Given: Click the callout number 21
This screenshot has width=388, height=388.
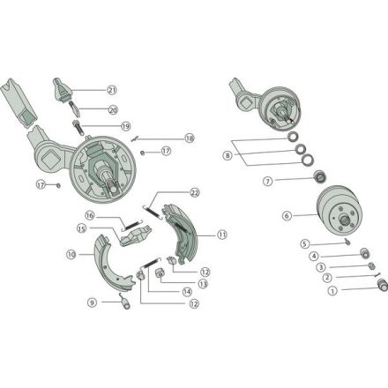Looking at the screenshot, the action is [112, 90].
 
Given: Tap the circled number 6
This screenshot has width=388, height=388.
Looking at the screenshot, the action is [287, 216].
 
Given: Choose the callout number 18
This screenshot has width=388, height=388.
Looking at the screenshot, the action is [190, 138].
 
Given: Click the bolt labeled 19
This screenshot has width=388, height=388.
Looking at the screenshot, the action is [78, 128].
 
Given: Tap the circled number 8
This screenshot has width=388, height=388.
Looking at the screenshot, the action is [228, 155].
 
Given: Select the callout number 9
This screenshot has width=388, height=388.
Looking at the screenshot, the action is [93, 302].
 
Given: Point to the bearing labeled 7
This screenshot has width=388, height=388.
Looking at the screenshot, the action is [320, 176].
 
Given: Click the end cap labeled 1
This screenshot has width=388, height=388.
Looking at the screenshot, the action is [383, 285].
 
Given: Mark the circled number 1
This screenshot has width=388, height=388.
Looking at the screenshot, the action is [332, 291].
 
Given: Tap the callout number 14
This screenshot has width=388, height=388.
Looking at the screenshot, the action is [187, 292].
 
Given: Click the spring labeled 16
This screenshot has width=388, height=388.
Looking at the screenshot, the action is [132, 225].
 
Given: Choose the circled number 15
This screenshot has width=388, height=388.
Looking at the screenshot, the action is [82, 228].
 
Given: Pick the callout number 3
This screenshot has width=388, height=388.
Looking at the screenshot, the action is [321, 267].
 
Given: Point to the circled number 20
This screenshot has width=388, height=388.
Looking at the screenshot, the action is [113, 110].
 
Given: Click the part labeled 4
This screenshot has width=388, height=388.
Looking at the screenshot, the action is [365, 253].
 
